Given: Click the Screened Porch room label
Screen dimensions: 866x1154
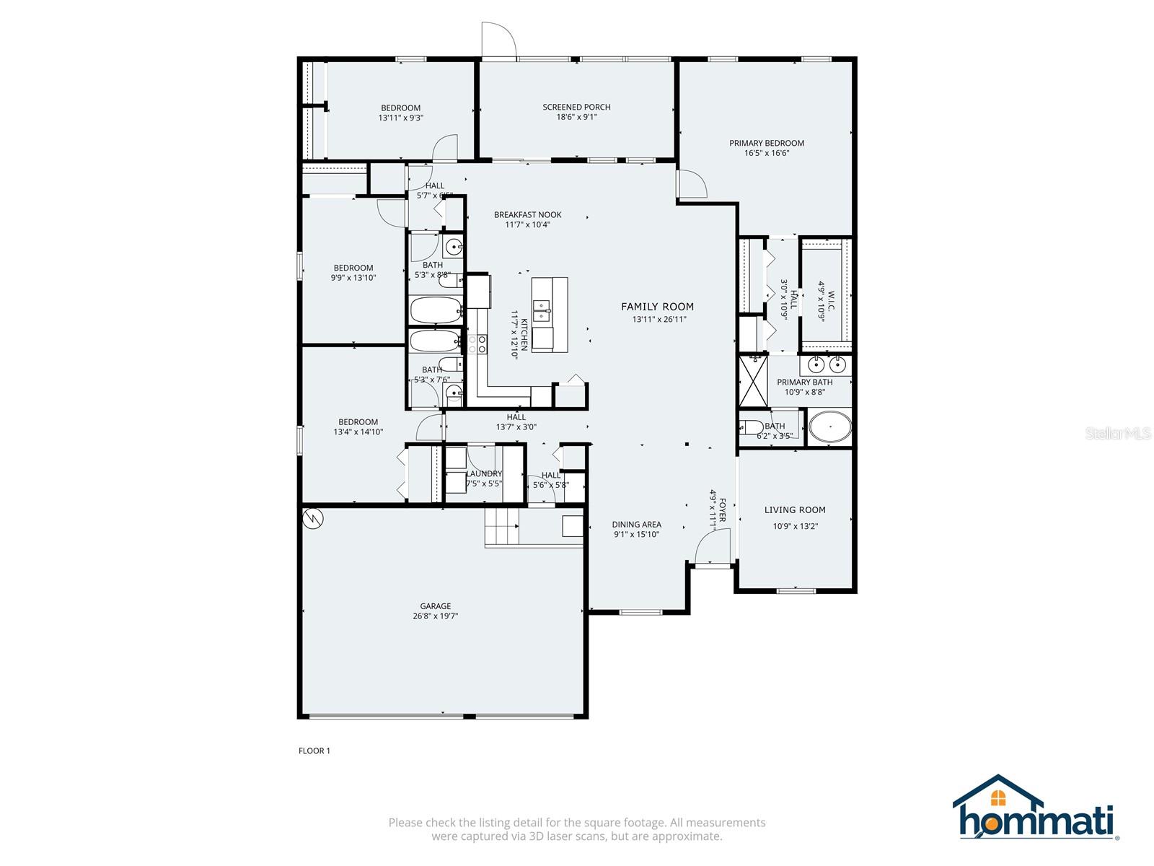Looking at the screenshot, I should point(576,107).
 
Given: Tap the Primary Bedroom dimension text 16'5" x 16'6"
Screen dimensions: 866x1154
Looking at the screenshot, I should point(766,153).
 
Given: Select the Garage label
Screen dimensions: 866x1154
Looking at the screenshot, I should point(436,606).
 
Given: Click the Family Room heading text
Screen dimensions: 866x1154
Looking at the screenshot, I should point(657,307).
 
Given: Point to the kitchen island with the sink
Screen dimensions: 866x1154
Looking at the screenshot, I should point(550,315).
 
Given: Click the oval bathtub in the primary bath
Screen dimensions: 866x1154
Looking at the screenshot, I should point(829,427).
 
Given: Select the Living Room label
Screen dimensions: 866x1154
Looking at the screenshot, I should point(795,509).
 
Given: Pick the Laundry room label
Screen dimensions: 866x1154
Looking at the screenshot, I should point(484,473).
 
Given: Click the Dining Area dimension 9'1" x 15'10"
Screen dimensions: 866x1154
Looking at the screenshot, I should point(636,535).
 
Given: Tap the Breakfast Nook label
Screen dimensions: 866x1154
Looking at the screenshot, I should point(527,214).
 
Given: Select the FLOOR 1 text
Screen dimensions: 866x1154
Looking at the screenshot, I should point(314,751).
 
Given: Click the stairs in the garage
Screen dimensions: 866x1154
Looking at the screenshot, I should point(502,527).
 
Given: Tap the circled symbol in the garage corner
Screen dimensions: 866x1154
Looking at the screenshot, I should point(313,517).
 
